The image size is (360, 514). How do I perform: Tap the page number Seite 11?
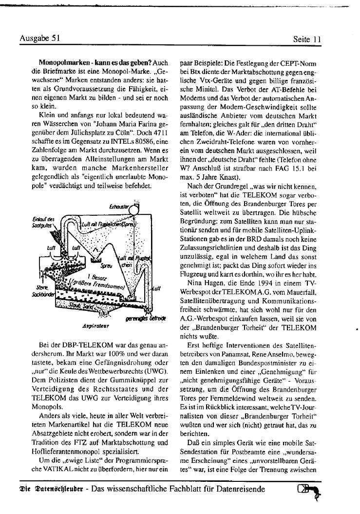click(x=307, y=39)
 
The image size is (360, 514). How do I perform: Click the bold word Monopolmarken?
click(x=61, y=63)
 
